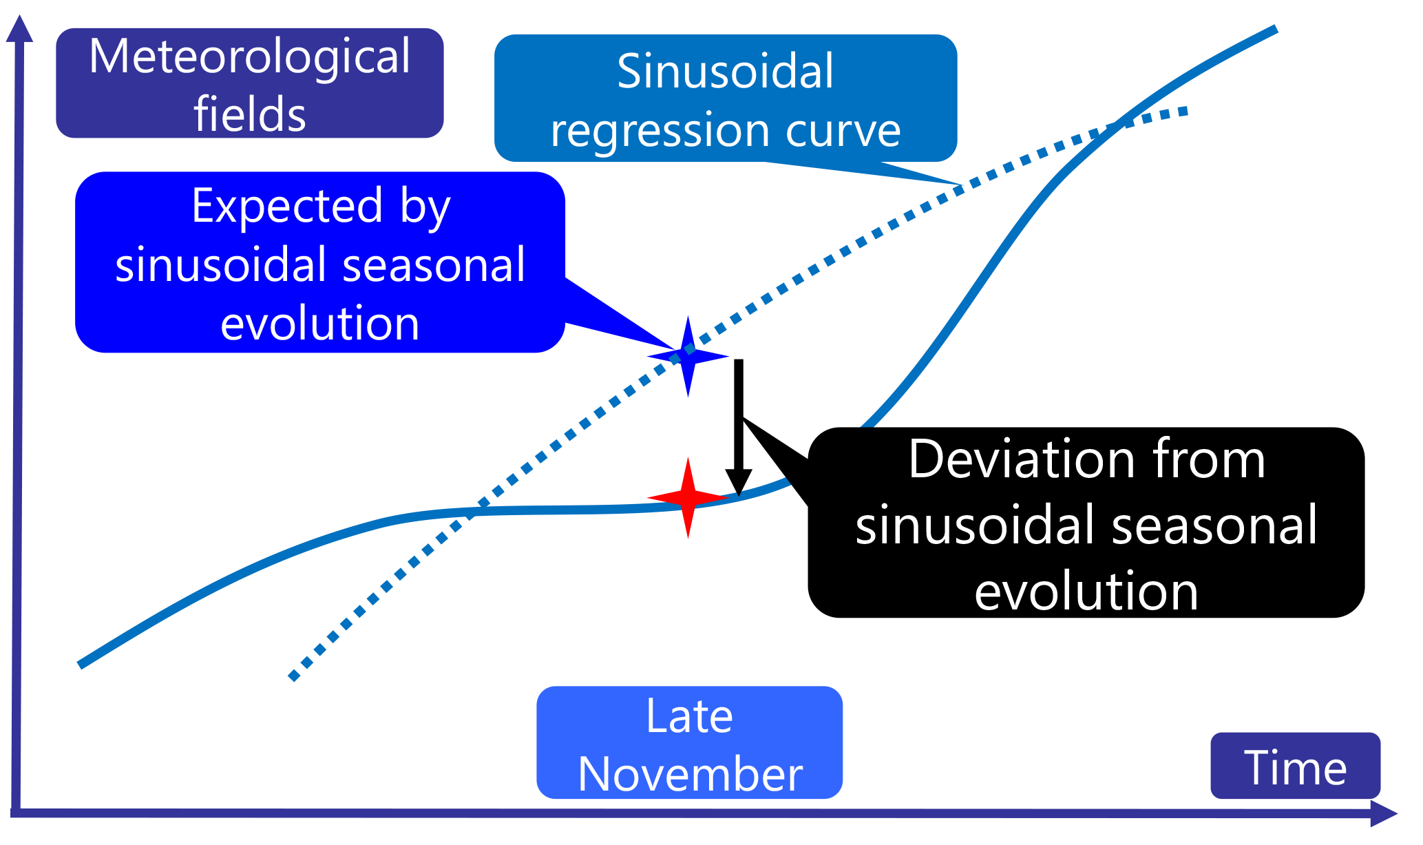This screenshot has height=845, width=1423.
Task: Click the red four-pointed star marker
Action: tap(688, 497)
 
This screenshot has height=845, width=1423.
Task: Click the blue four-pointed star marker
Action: tap(688, 356)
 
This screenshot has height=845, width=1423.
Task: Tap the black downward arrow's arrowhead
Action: tap(739, 482)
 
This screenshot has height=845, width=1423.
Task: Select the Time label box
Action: tap(1295, 766)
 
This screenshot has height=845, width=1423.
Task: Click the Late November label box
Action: tap(689, 742)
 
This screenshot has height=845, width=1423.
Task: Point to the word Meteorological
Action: tap(249, 56)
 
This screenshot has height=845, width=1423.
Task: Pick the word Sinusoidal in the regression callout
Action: tap(725, 71)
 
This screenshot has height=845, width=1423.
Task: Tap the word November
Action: tap(690, 774)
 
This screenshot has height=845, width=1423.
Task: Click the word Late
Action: tap(689, 717)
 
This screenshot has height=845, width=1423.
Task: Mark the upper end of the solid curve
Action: tap(1275, 30)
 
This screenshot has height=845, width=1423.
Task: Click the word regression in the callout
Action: tap(660, 130)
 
